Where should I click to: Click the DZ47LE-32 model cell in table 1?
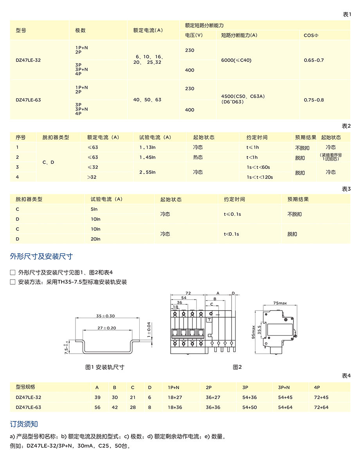28,60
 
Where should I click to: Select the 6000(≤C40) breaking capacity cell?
236,60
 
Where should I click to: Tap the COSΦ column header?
311,35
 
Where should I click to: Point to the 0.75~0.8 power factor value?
314,100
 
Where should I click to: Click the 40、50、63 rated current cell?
147,100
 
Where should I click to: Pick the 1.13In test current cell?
148,147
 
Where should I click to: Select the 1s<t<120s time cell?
259,177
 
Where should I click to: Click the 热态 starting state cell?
198,157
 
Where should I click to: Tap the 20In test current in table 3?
95,239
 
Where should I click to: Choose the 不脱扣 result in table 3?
294,214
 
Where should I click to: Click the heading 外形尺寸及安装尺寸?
41,257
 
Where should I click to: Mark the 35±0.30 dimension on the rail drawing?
105,316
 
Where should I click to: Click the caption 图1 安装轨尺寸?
104,367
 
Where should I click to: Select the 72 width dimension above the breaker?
188,293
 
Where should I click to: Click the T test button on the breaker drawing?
209,319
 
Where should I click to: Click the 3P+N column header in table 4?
284,387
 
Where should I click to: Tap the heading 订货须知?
24,424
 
